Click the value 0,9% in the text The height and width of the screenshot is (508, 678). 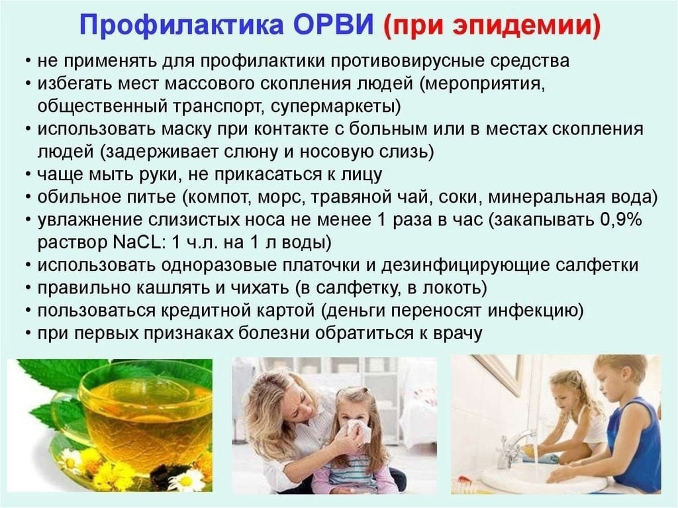click(x=620, y=219)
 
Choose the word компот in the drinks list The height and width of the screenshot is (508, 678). click(x=220, y=197)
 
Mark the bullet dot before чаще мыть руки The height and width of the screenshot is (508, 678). click(x=28, y=174)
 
